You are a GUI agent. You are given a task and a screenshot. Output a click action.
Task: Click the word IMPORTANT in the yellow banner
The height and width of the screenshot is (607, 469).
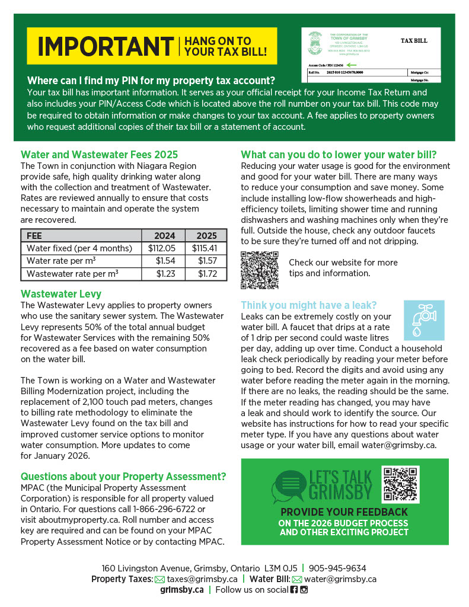105,46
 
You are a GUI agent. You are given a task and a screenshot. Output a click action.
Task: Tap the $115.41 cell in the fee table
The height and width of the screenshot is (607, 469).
205,248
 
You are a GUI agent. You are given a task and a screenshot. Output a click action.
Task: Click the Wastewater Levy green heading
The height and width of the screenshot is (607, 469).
61,293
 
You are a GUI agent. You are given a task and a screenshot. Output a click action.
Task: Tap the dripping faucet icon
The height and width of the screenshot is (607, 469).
423,320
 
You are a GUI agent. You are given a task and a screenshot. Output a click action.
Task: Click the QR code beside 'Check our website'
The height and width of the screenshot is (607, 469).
260,270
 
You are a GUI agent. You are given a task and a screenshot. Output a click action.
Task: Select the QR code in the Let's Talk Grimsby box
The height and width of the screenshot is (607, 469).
401,484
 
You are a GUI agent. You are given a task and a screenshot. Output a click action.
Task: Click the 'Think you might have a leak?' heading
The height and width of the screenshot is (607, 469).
308,305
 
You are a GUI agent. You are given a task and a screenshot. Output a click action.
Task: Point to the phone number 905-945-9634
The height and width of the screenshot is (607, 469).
337,568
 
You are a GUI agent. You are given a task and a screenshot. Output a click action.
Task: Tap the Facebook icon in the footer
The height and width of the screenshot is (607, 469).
294,590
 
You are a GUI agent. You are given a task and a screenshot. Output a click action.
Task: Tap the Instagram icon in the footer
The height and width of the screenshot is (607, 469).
304,590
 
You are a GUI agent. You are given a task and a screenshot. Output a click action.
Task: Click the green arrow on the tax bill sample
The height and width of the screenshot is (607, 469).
352,64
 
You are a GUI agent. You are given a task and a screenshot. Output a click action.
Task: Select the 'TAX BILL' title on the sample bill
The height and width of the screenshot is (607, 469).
413,41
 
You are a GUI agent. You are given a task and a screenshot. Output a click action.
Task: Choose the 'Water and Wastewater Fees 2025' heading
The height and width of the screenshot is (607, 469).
99,155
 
